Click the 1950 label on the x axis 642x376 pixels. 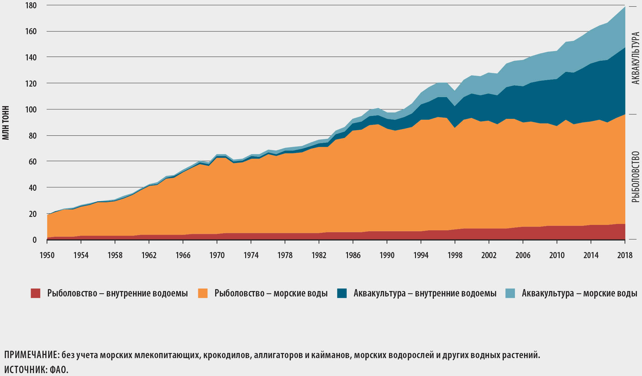coord(47,255)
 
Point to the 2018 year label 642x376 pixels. coord(625,255)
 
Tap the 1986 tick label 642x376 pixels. coord(353,255)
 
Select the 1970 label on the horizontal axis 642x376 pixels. coord(217,255)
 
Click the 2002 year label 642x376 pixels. coord(489,255)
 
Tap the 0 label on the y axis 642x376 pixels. coord(34,240)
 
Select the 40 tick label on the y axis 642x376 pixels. coord(33,188)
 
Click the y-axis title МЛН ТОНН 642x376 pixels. coord(6,123)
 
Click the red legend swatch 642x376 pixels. coord(35,293)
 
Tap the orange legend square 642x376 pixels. coord(203,293)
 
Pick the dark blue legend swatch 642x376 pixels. coord(342,293)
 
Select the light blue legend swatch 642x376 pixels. coord(510,293)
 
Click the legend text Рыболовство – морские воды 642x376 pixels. coord(271,293)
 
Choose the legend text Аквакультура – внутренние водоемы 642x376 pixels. coord(425,293)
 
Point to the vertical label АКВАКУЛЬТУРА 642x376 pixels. coord(636,58)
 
